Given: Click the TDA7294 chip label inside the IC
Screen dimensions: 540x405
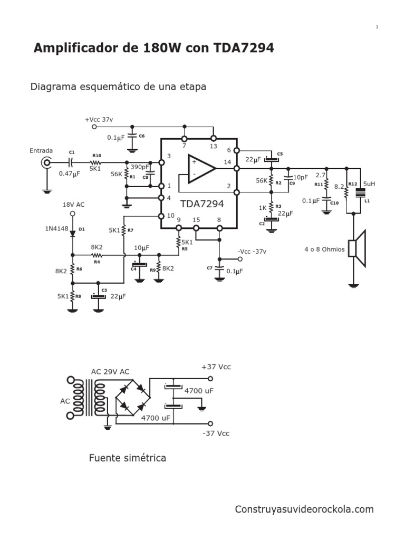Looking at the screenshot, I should click(x=202, y=204).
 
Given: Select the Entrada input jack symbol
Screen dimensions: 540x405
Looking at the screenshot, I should click(x=46, y=163).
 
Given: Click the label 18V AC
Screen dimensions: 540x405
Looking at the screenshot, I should click(x=73, y=204).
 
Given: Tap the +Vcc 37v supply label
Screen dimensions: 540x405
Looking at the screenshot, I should click(x=103, y=119).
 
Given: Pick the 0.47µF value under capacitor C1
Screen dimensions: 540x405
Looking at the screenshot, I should click(x=70, y=173).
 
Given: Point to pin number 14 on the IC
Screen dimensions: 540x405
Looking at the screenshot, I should click(x=227, y=162).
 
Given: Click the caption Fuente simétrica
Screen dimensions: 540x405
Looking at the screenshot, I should click(x=128, y=458).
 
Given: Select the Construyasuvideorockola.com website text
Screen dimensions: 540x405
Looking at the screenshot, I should click(x=304, y=509).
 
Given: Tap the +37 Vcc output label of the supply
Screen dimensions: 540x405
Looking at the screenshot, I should click(x=216, y=367).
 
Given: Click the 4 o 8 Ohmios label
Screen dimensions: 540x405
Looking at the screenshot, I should click(x=324, y=249).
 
